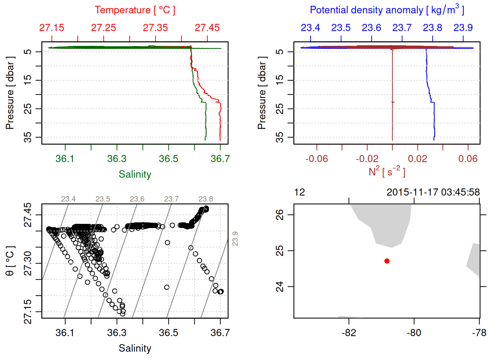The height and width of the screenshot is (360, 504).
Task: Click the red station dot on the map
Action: point(387,261)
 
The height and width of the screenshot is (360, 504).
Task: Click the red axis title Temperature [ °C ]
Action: point(135,10)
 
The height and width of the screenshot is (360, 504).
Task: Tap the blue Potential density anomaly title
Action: point(387,10)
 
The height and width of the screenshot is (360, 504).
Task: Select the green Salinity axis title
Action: point(135,174)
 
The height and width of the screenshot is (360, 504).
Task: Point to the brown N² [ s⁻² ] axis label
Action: point(387,171)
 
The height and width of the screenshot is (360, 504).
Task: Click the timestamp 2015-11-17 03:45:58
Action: point(433,192)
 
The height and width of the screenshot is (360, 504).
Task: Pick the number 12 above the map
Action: point(300,192)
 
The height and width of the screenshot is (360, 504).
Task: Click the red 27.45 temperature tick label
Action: point(207,28)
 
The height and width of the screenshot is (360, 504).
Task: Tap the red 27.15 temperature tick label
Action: point(52,28)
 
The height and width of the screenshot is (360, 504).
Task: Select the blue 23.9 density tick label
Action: point(463,28)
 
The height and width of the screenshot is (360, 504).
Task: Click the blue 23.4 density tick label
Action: point(310,28)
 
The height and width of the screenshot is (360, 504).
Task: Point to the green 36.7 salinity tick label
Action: point(220,159)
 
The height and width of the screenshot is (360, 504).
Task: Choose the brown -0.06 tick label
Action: point(316,159)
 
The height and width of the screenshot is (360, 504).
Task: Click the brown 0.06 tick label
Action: point(468,159)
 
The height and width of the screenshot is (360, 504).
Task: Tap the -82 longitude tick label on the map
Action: point(349,333)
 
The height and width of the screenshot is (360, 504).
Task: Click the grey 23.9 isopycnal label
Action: point(235,238)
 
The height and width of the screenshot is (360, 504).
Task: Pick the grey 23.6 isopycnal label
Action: point(137,199)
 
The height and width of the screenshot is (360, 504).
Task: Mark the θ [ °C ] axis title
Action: point(10,261)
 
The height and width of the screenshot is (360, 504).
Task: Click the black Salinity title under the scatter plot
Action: point(135,348)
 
